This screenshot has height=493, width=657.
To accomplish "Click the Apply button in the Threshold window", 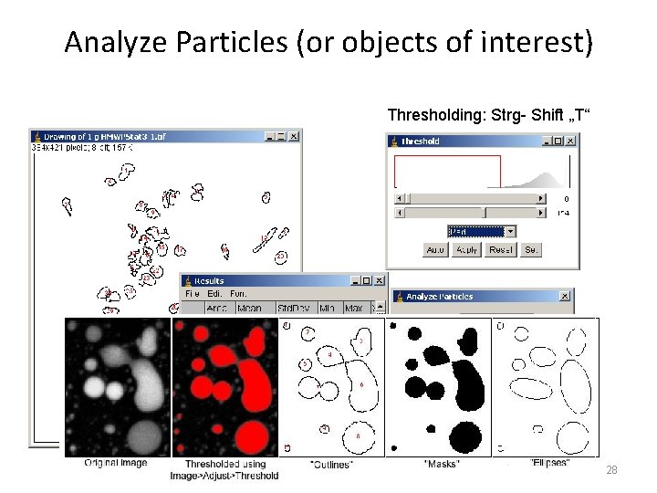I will coord(466,249).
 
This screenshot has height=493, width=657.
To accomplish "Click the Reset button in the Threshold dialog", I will coord(500,249).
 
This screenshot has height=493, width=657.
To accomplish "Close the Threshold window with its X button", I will coord(570,141).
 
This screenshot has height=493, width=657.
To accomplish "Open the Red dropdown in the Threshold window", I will coord(482,232).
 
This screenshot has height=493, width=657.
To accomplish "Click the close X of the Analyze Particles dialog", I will coord(565,296).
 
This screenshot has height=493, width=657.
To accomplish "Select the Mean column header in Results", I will coord(249,308).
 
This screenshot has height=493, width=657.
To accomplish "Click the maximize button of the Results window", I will coord(367,280).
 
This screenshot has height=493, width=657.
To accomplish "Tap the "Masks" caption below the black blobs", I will coord(442,464).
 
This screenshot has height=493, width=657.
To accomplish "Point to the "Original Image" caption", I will coord(115,463).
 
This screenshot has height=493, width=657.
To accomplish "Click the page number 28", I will coord(612,469).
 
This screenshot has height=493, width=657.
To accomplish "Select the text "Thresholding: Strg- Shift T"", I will coord(489,114).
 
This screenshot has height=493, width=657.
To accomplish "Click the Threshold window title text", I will coord(421,142).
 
